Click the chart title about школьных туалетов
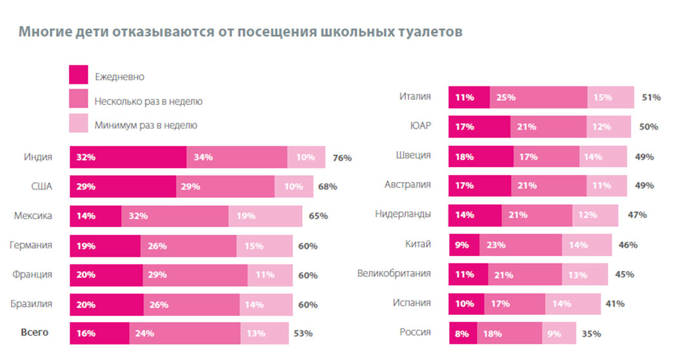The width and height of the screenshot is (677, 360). (x=240, y=32)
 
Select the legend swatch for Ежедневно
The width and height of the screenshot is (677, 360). (x=78, y=75)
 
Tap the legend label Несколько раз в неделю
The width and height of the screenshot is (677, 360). (x=148, y=101)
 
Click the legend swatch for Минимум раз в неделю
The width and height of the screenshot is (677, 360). (x=78, y=125)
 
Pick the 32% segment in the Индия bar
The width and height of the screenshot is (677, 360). (x=128, y=157)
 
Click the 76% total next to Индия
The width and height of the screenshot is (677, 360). (x=342, y=157)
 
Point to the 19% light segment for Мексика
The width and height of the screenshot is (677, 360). (x=265, y=216)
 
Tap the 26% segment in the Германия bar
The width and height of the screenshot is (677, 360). (x=188, y=246)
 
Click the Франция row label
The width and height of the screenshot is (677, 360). (x=32, y=275)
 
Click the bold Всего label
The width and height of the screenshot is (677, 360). (x=35, y=333)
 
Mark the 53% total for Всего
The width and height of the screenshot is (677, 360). (x=303, y=334)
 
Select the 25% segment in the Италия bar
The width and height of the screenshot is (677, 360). (x=538, y=97)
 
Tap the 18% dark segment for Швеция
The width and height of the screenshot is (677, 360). (x=481, y=156)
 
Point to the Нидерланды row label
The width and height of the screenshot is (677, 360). (x=403, y=214)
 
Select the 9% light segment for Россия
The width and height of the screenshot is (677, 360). (x=554, y=334)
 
